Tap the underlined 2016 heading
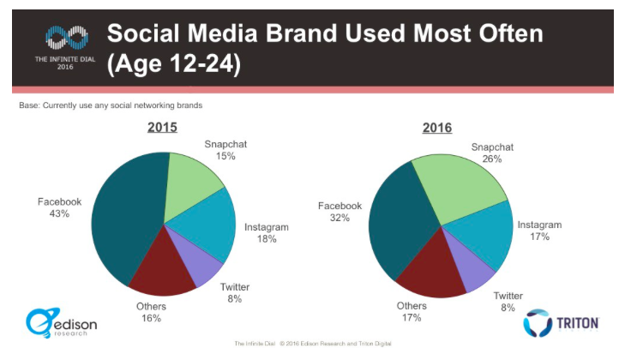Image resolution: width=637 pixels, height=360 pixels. point(436,128)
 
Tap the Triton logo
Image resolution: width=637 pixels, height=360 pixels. point(562,323)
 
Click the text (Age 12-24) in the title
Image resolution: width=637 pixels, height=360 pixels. point(172,65)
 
